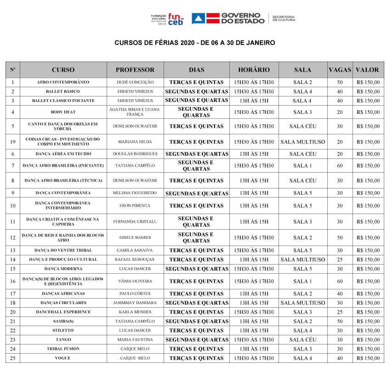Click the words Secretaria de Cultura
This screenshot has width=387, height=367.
pos(284,18)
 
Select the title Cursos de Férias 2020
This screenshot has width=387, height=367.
pos(194,43)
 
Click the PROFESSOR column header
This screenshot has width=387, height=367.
pos(135,70)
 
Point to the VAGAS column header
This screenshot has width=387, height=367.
pos(340,70)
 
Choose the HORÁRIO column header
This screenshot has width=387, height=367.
pos(254,70)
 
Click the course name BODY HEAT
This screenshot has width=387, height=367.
pos(63,112)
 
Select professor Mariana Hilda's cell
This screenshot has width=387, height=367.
pos(135,142)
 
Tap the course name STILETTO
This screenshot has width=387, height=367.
pos(63,331)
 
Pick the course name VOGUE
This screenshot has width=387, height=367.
pos(63,358)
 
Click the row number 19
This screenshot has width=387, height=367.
pos(13,142)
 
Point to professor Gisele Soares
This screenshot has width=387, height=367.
pos(135,238)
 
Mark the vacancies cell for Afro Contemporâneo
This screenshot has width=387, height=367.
pos(340,83)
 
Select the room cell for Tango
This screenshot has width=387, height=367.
pos(302,340)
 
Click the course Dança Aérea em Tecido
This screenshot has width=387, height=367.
pos(63,154)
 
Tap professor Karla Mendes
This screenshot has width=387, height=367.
pos(135,312)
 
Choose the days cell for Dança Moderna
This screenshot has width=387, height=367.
pos(197,269)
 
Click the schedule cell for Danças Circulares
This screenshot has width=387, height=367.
pos(254,303)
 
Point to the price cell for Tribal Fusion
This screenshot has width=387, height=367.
pos(368,349)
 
